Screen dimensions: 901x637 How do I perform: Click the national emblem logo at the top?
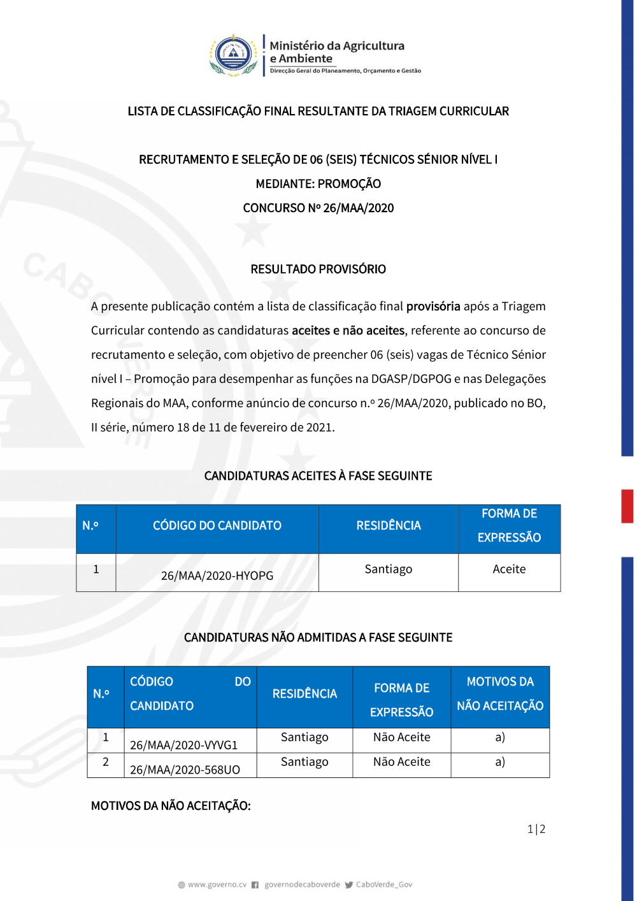234,55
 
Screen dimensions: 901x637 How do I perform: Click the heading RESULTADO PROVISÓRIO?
318,269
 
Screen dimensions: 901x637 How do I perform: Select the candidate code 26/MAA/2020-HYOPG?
217,575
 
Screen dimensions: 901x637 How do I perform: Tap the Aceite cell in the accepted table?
509,569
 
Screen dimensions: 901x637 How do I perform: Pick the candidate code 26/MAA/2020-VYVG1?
183,745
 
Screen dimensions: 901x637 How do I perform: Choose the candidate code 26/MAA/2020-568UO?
185,770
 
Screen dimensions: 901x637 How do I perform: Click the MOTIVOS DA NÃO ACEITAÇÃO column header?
500,694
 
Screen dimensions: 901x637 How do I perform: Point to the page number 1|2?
536,829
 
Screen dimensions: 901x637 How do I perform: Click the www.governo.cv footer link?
217,884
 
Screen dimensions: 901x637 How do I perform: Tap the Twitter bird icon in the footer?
348,884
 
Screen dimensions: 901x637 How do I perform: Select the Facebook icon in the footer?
255,884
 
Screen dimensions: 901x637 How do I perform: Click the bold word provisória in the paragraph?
433,306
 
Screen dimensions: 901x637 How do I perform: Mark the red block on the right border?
627,506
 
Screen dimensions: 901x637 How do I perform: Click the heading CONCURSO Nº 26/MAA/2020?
318,208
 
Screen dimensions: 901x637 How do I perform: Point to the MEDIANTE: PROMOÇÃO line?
318,184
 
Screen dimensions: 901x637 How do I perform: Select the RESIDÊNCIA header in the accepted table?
389,526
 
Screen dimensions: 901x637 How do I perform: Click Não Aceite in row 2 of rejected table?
401,761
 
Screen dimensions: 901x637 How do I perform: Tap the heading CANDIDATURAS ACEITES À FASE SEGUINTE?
318,476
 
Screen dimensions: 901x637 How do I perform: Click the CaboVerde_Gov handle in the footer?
383,884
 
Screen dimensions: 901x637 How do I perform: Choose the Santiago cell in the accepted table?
388,569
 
